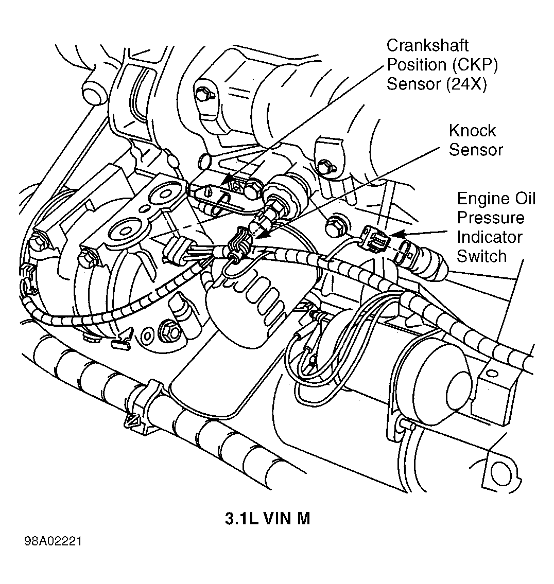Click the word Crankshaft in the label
point(427,45)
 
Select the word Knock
point(472,131)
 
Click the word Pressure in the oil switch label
point(491,218)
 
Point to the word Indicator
point(490,237)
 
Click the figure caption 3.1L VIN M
point(267,519)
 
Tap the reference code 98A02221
point(53,541)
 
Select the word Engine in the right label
point(481,199)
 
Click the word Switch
point(482,256)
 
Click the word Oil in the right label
point(523,199)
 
